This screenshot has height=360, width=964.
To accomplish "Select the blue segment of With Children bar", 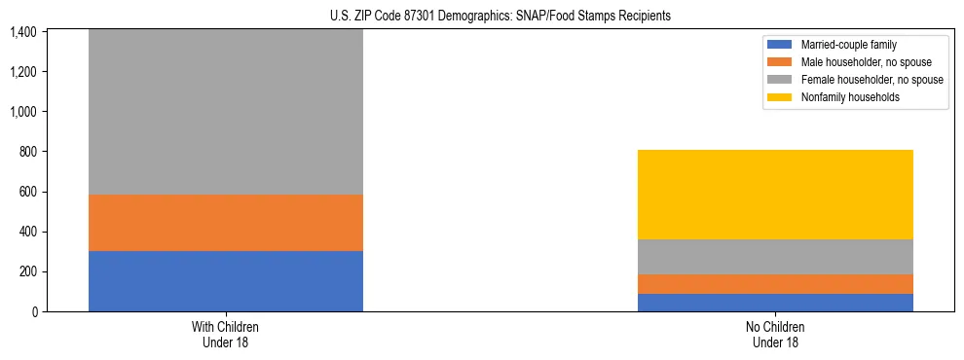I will tap(225, 280).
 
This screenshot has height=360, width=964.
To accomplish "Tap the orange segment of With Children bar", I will tap(225, 223).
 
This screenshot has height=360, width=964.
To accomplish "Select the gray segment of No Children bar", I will tap(775, 257).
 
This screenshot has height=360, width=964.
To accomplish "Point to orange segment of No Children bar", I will tap(775, 284).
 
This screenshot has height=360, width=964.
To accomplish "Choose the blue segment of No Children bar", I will tap(775, 303).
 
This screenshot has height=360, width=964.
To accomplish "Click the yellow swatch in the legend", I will tap(781, 97).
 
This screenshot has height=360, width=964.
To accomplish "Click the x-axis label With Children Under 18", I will tap(225, 334).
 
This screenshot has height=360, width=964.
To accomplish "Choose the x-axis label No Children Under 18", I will tap(775, 334).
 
